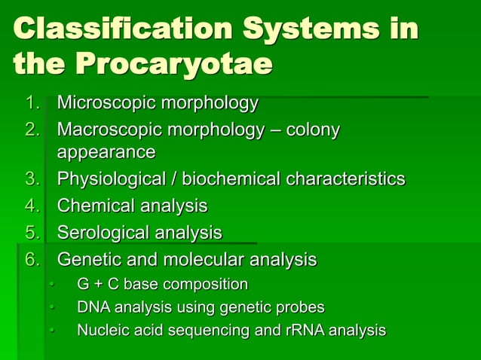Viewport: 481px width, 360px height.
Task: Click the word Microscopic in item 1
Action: click(103, 102)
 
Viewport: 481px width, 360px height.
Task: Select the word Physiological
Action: click(112, 179)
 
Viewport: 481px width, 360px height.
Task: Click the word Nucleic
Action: click(100, 330)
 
